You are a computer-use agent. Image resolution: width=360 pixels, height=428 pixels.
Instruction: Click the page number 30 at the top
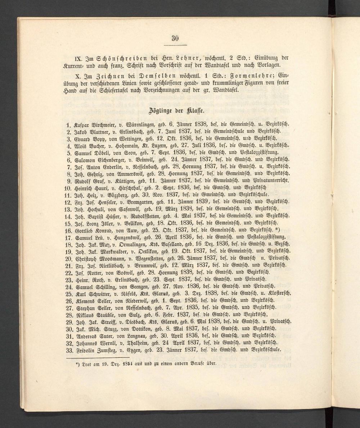click(175, 39)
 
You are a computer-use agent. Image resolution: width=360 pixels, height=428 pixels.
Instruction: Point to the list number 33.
click(69, 350)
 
